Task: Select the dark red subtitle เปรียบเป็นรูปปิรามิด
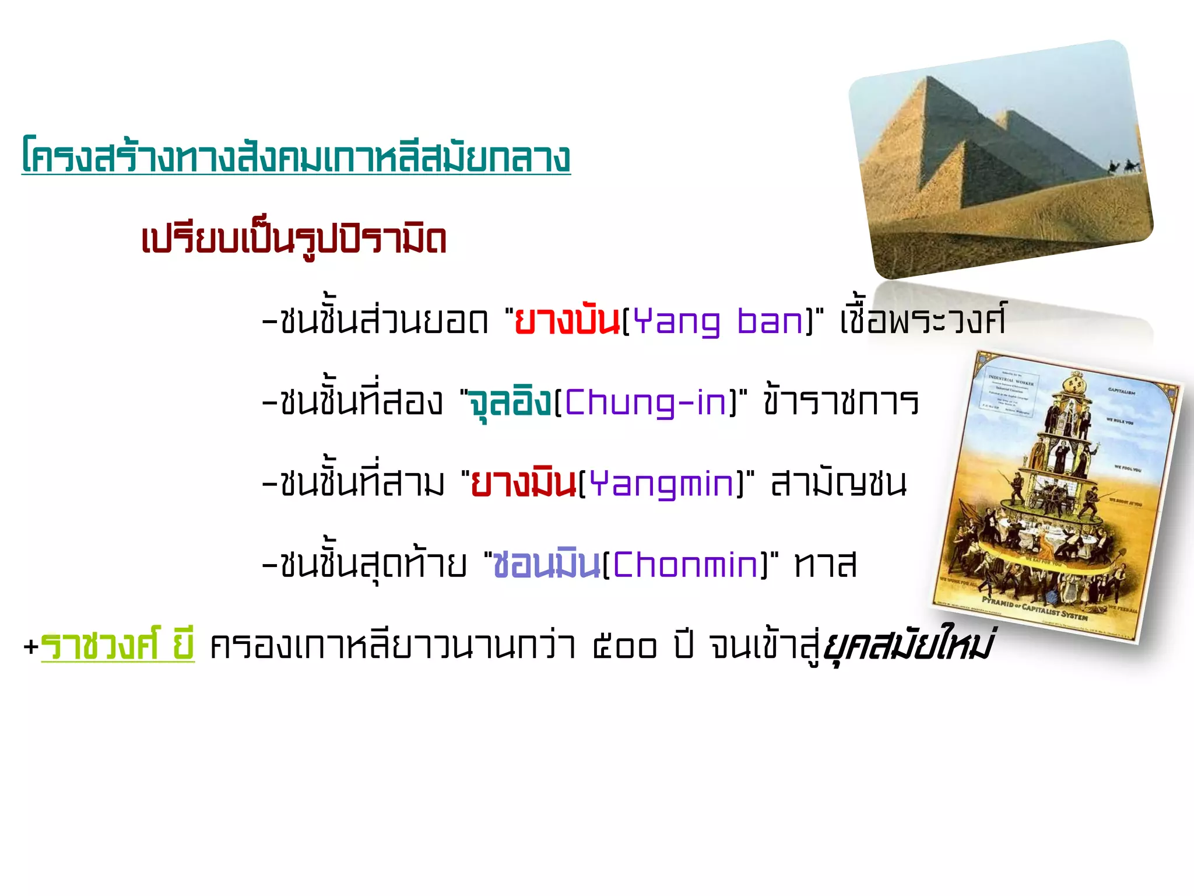(x=294, y=239)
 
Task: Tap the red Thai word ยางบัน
(x=567, y=321)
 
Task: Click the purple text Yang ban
(x=719, y=322)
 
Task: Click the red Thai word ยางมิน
(x=523, y=484)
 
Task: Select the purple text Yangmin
(x=661, y=484)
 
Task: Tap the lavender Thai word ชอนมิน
(x=546, y=564)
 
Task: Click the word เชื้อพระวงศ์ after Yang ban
(x=922, y=321)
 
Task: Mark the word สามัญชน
(x=838, y=483)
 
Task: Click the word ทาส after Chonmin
(x=826, y=564)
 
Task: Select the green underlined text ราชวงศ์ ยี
(x=117, y=645)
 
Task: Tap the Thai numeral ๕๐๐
(x=624, y=646)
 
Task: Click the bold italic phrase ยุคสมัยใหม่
(x=907, y=644)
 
